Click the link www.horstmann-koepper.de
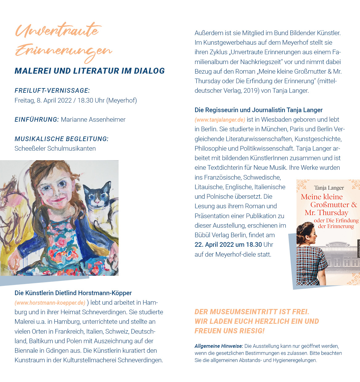click(50, 303)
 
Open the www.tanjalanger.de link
click(220, 120)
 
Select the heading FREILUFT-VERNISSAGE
click(52, 91)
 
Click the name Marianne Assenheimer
click(93, 120)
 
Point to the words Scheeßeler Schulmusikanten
click(55, 148)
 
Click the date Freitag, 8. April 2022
click(43, 100)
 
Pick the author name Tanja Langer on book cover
click(329, 188)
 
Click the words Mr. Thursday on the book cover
click(326, 213)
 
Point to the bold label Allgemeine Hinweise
click(219, 346)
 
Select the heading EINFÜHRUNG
click(36, 120)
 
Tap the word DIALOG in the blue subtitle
click(149, 71)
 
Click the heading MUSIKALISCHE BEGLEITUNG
click(62, 139)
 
